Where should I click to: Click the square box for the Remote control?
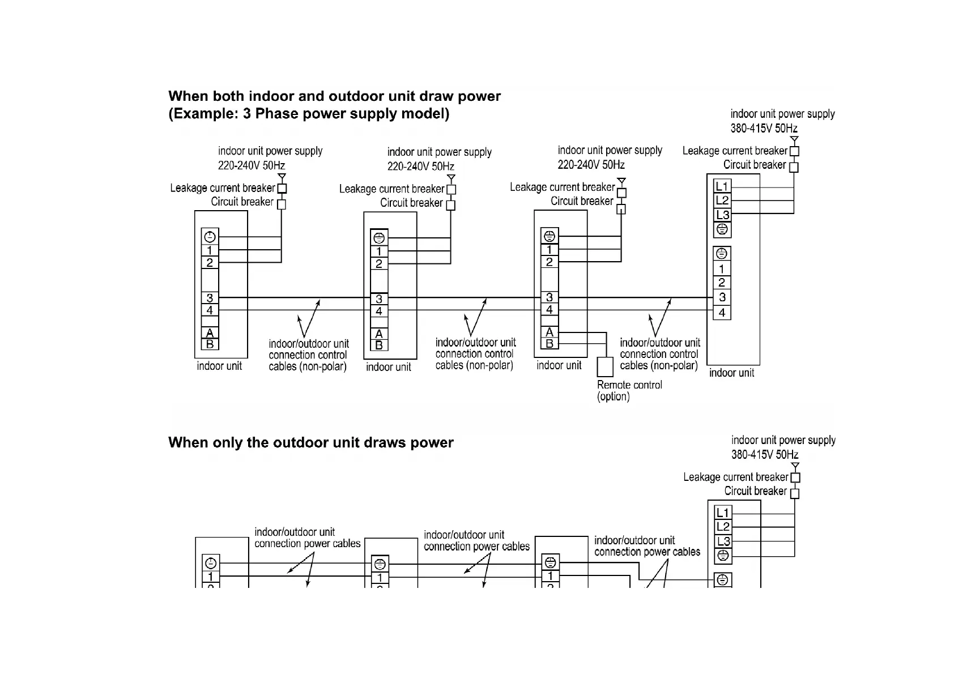(x=605, y=367)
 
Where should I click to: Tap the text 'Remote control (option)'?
(x=629, y=390)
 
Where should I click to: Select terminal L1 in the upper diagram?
(x=722, y=186)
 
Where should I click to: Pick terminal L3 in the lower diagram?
(x=723, y=541)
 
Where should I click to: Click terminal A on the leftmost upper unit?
(x=210, y=333)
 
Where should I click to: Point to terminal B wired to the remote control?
(x=549, y=344)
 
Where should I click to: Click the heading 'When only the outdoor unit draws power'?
(x=310, y=442)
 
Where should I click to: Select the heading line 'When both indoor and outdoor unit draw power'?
(x=334, y=96)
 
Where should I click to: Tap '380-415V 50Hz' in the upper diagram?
(x=764, y=128)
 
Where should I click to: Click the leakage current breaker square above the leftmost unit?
(x=282, y=189)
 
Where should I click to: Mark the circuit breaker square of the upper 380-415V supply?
(x=794, y=167)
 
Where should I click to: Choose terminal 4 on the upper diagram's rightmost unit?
(x=722, y=313)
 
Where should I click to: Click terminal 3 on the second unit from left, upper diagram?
(x=379, y=298)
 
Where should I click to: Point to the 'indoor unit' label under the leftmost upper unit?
(x=219, y=366)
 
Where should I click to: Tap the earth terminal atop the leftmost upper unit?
(x=210, y=237)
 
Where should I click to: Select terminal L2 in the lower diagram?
(x=723, y=527)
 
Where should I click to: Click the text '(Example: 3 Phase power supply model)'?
(x=309, y=114)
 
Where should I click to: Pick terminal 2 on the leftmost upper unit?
(x=210, y=263)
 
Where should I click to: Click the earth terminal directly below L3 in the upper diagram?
(x=722, y=229)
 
